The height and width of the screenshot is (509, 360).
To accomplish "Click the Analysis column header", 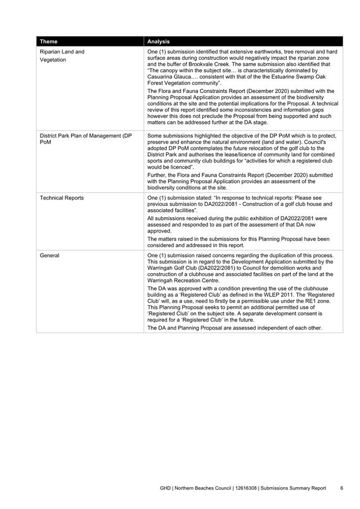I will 158,41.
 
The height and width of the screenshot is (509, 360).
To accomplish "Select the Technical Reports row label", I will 62,198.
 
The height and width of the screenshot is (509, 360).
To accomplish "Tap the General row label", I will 50,256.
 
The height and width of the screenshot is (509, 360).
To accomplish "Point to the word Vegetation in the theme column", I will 53,60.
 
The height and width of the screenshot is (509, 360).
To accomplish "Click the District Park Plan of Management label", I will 85,136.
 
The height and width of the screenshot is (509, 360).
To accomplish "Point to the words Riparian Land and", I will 62,52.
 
